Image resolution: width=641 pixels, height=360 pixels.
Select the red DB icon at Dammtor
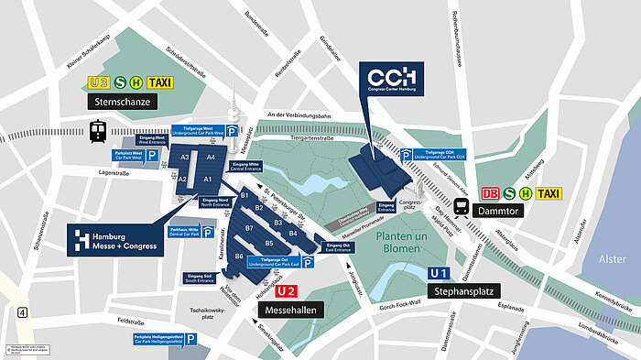[490, 193]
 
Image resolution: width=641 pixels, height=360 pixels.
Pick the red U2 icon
[286, 291]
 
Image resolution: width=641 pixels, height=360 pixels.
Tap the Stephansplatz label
[462, 292]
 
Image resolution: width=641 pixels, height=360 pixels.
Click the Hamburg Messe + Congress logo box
[116, 241]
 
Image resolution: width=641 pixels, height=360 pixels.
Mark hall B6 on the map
[238, 256]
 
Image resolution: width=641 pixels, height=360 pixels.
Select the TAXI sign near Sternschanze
[161, 82]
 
